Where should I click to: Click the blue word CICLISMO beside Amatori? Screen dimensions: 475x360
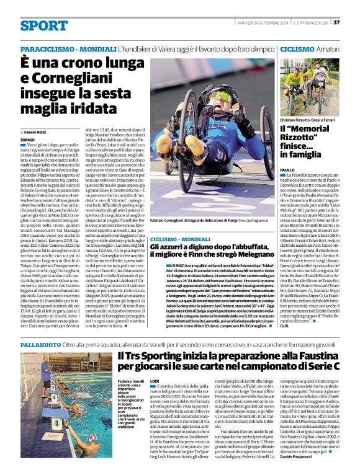pyautogui.click(x=297, y=49)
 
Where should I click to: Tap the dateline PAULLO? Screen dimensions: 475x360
pyautogui.click(x=287, y=169)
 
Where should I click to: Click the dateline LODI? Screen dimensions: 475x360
pyautogui.click(x=155, y=381)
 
